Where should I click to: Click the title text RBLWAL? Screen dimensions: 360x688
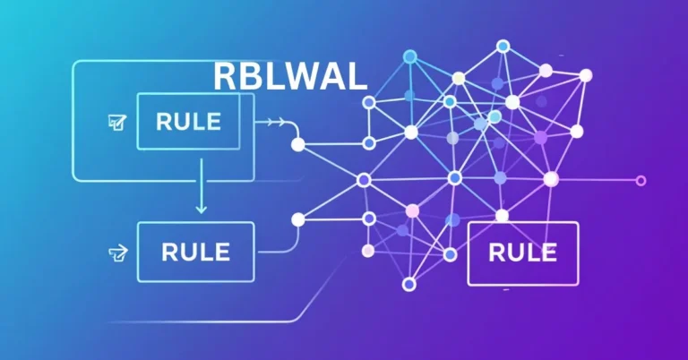pyautogui.click(x=290, y=77)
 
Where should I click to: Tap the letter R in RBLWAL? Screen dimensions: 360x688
pyautogui.click(x=225, y=77)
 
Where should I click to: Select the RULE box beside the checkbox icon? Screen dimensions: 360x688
pyautogui.click(x=188, y=121)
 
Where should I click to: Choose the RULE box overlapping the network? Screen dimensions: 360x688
pyautogui.click(x=523, y=253)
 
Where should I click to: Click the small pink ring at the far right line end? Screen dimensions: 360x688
pyautogui.click(x=640, y=181)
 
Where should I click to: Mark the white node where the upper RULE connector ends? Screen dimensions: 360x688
pyautogui.click(x=298, y=143)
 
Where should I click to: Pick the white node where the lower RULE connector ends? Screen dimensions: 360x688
pyautogui.click(x=297, y=219)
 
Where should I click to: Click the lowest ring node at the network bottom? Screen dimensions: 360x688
pyautogui.click(x=409, y=284)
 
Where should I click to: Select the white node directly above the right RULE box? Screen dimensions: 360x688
pyautogui.click(x=502, y=215)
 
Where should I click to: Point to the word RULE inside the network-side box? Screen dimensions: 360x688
pyautogui.click(x=523, y=253)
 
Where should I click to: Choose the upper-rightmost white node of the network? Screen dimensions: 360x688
pyautogui.click(x=585, y=75)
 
